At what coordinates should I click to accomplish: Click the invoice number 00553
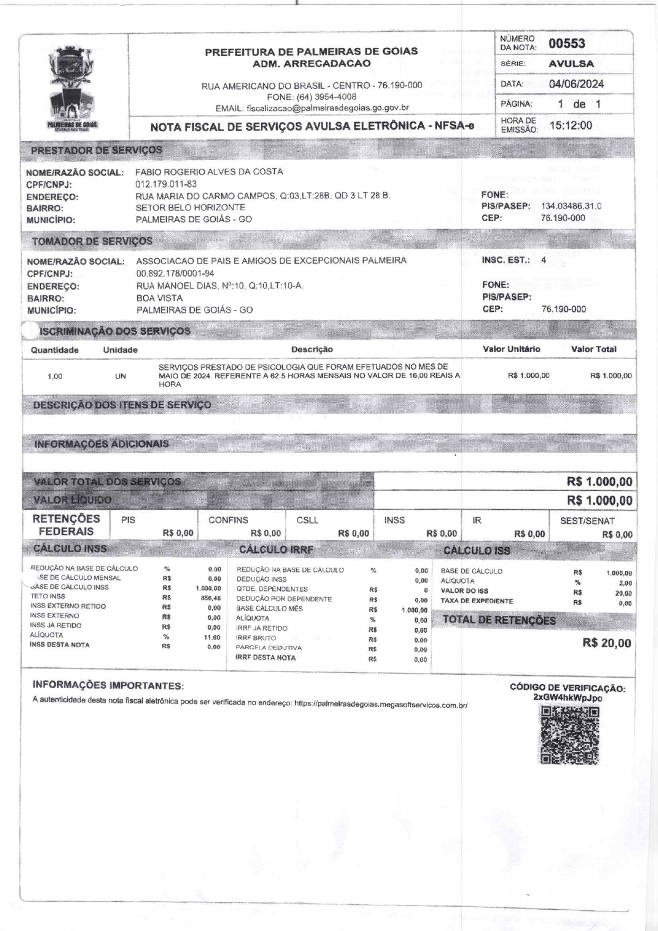tap(567, 43)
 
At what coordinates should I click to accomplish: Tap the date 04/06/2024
tap(576, 84)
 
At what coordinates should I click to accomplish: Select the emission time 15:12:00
tap(570, 126)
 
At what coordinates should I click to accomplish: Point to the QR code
tap(569, 735)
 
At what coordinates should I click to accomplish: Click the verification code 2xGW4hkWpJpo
tap(567, 698)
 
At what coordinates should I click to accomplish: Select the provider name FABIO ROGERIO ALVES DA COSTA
tap(209, 172)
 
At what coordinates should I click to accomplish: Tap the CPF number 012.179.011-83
tap(166, 184)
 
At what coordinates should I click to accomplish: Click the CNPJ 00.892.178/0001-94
tap(175, 274)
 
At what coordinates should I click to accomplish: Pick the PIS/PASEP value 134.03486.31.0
tap(571, 206)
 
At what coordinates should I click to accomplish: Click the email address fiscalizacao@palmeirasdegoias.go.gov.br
tap(327, 108)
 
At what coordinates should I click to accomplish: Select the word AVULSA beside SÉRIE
tap(571, 64)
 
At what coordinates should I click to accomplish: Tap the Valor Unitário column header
tap(511, 349)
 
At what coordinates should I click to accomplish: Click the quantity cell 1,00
tap(55, 377)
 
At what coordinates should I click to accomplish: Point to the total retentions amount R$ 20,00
tap(607, 643)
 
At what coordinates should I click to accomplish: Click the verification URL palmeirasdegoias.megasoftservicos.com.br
tap(380, 704)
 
